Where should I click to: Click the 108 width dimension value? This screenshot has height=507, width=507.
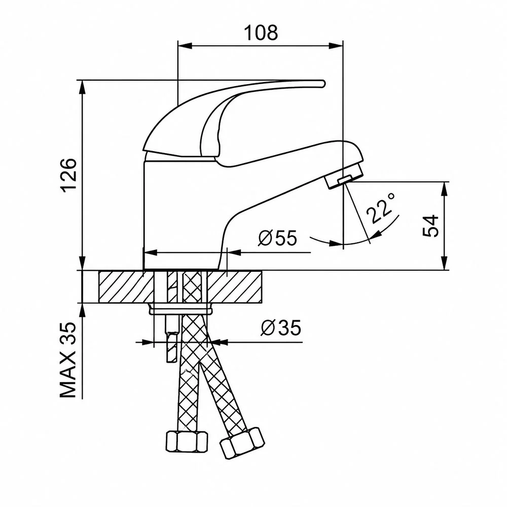pos(261,32)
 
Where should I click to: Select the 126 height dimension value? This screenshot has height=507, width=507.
pos(69,175)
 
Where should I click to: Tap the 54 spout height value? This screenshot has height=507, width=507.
pos(430,226)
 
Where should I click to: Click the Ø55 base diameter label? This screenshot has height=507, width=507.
pos(277,238)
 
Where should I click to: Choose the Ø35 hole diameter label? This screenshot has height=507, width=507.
pos(281,328)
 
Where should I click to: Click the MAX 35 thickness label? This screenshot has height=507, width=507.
pos(68,360)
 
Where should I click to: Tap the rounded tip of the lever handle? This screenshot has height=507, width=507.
pos(322,84)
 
